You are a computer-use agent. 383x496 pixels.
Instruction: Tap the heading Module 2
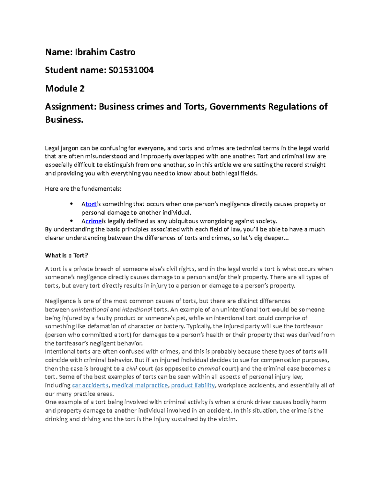[x=65, y=88]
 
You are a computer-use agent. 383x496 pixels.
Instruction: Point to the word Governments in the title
[x=237, y=106]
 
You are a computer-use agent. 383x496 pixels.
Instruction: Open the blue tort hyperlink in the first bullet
[x=91, y=204]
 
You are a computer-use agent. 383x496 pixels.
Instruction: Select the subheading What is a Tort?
[x=66, y=256]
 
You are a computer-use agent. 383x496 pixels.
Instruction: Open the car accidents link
[x=90, y=385]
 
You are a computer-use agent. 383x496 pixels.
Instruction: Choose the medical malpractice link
[x=140, y=385]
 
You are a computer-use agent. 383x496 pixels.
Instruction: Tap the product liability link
[x=193, y=385]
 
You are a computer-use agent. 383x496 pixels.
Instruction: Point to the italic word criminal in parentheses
[x=209, y=369]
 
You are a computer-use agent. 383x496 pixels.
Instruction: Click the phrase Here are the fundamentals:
[x=83, y=189]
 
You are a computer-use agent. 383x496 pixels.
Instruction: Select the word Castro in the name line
[x=123, y=52]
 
